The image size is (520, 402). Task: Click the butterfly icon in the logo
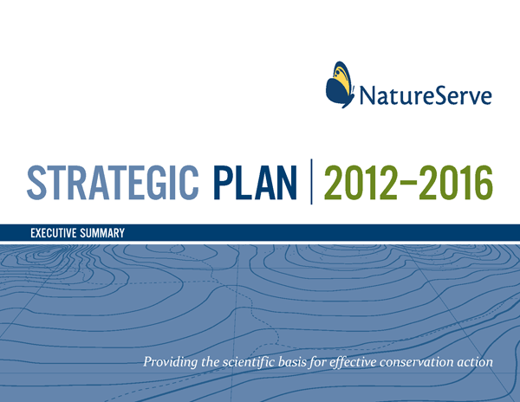pos(339,85)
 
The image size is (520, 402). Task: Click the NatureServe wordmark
pos(426,94)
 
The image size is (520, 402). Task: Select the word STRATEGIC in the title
pos(113,183)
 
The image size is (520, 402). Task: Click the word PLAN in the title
pos(256,183)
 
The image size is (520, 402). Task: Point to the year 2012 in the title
pos(360,183)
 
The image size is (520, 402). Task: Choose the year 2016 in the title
pos(456,183)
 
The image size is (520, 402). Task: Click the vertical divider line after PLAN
pos(311,182)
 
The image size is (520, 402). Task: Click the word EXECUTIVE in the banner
pos(54,233)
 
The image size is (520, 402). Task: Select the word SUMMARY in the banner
pos(102,233)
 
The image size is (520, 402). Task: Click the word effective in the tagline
pos(353,361)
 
